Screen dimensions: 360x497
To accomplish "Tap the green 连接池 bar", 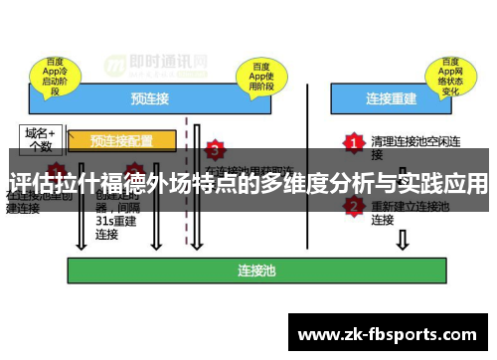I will (256, 270).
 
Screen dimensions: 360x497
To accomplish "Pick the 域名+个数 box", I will (41, 138).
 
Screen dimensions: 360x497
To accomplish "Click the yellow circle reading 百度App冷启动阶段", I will (57, 72).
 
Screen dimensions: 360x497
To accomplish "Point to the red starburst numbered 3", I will (214, 150).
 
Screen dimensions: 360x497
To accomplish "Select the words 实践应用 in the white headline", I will (444, 185).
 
